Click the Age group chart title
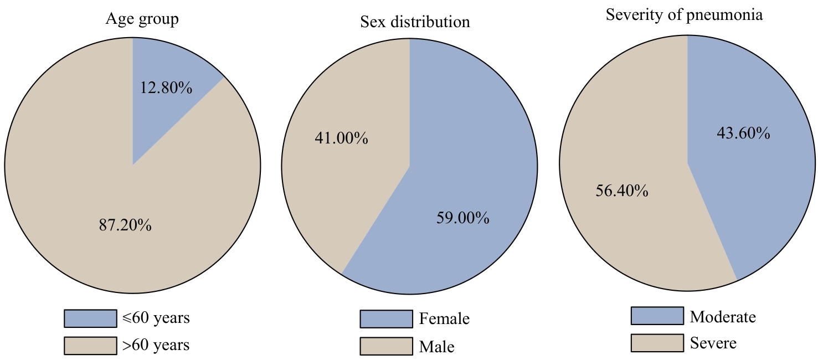142,20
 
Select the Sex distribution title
415,22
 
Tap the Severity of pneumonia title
684,15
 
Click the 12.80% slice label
165,87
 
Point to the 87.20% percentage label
125,225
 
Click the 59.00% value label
461,218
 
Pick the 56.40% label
621,191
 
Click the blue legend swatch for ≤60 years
90,318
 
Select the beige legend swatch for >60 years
90,346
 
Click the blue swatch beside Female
386,319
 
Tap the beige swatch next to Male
386,347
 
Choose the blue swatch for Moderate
657,316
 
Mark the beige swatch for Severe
657,343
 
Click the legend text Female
444,319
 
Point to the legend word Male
436,347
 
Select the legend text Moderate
723,317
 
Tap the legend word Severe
713,343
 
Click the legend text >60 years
156,346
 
